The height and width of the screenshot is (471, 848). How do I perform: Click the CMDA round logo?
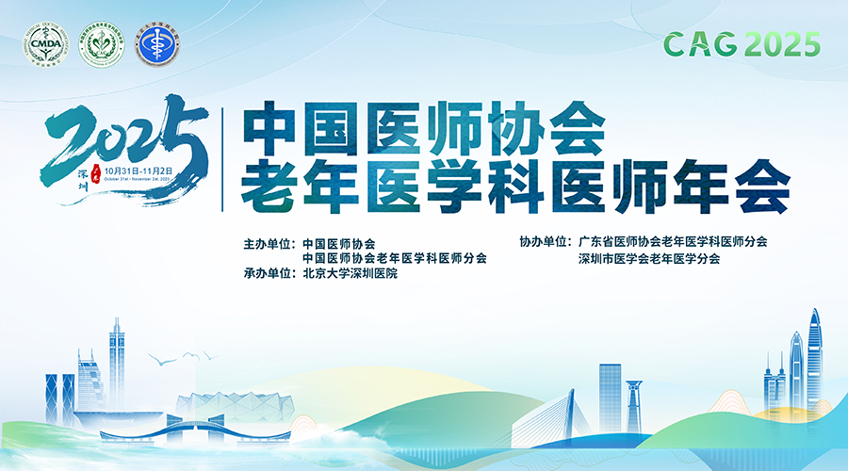tap(46, 44)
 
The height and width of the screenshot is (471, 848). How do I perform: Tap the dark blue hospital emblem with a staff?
tap(157, 44)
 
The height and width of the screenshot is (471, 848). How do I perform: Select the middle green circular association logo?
tap(101, 44)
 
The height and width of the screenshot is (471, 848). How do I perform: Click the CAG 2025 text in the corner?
tap(742, 43)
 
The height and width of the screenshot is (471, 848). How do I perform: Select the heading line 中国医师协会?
tap(422, 130)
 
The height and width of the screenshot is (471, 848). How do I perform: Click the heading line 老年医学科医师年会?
tap(514, 187)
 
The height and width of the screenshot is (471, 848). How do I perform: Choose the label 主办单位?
tap(269, 242)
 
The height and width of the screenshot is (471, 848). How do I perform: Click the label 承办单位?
tap(269, 274)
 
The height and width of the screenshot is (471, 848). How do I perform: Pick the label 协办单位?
tap(546, 242)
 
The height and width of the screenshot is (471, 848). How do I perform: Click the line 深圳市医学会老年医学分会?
tap(649, 259)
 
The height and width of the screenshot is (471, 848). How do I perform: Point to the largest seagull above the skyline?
tap(167, 359)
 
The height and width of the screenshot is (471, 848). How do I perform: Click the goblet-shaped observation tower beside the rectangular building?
tap(633, 401)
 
